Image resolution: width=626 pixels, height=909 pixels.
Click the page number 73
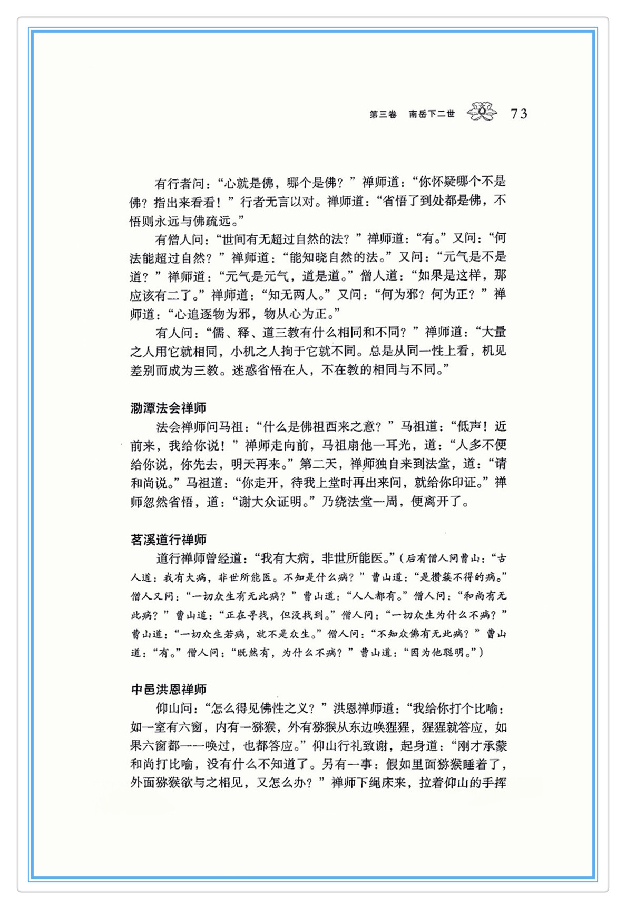click(519, 114)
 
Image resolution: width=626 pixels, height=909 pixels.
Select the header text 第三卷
click(383, 114)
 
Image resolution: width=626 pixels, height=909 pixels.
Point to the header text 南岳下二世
click(432, 114)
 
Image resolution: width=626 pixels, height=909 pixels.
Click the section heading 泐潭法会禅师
click(168, 408)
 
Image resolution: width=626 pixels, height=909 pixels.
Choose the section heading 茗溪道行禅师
click(168, 540)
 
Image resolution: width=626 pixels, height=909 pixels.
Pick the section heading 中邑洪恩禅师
click(169, 689)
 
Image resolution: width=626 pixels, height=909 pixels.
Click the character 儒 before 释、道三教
click(218, 333)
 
